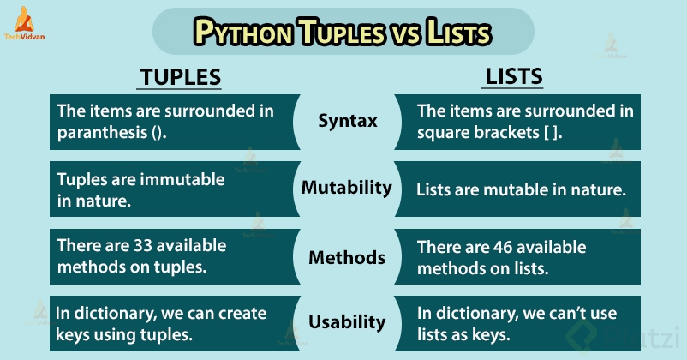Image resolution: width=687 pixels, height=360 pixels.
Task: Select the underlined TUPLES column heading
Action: click(180, 77)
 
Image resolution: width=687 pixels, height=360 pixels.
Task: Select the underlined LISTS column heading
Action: click(514, 77)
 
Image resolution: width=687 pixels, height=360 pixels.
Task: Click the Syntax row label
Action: click(347, 121)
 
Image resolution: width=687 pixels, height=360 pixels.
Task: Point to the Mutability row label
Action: click(347, 187)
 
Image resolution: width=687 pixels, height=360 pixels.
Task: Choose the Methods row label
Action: click(347, 257)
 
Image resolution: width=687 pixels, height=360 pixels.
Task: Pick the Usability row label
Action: click(347, 322)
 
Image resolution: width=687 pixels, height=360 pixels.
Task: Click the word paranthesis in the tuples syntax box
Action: click(108, 133)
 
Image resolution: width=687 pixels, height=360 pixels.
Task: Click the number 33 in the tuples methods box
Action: click(130, 246)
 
